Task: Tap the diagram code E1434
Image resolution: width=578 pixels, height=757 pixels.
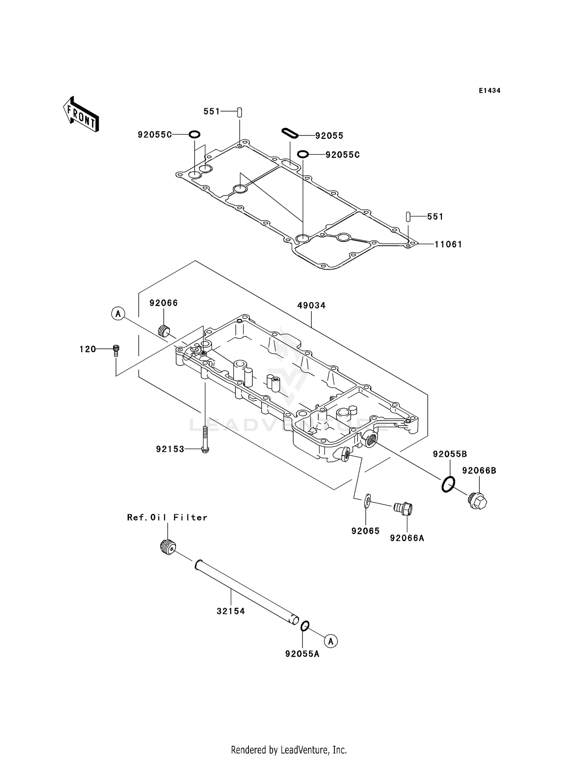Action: (x=489, y=91)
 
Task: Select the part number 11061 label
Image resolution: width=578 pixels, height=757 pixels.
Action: (x=448, y=244)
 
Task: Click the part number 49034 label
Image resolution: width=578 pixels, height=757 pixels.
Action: (x=311, y=306)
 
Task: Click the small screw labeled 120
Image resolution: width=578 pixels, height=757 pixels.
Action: (x=116, y=349)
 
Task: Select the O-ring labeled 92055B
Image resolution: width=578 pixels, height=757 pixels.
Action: (x=448, y=484)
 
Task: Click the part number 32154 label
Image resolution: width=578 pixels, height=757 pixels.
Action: (x=231, y=611)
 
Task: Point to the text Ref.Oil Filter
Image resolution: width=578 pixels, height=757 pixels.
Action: (x=167, y=517)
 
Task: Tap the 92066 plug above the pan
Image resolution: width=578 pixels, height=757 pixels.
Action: (x=165, y=331)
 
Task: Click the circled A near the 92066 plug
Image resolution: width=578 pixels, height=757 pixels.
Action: (x=118, y=314)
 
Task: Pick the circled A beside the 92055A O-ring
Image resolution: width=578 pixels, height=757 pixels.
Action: (x=331, y=641)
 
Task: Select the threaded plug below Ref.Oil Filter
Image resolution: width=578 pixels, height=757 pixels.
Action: (x=168, y=547)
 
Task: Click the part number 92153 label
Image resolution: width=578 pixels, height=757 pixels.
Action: (x=170, y=449)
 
